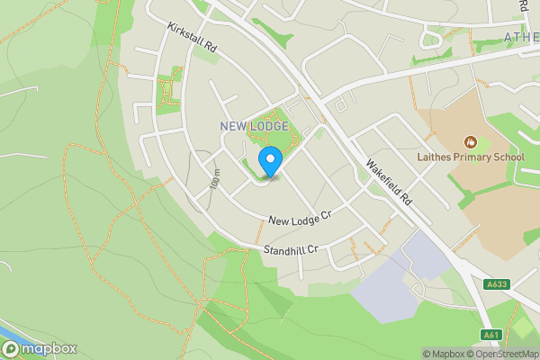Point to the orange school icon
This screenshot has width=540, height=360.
[x=469, y=141]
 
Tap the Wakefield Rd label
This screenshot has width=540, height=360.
[x=388, y=180]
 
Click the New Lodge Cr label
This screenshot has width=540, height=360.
[x=300, y=217]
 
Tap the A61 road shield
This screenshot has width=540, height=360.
[x=490, y=335]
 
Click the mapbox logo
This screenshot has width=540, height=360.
[x=40, y=348]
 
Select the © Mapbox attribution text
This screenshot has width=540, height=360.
[x=443, y=354]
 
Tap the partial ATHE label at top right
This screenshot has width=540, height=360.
[x=520, y=37]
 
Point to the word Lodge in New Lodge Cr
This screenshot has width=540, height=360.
[x=302, y=217]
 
